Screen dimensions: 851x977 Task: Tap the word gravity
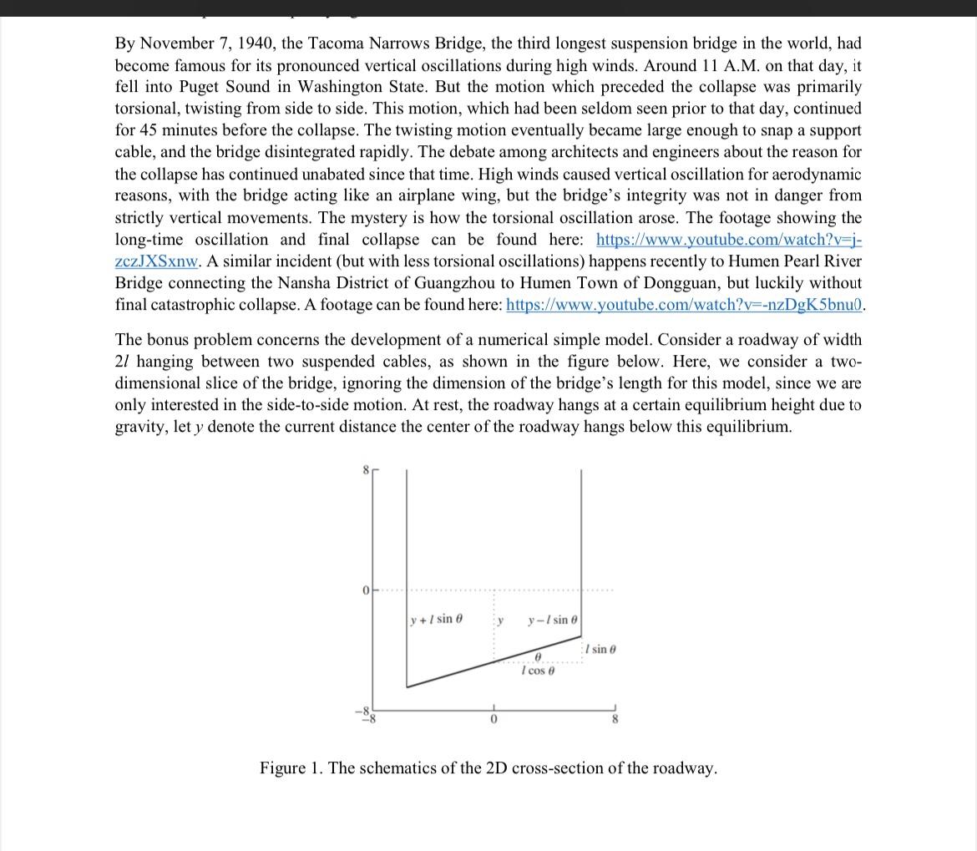click(x=140, y=427)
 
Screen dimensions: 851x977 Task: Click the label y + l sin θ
click(x=437, y=619)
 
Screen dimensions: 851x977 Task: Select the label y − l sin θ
click(x=552, y=620)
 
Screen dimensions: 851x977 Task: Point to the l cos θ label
click(x=537, y=671)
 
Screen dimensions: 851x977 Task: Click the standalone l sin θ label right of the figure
click(x=601, y=649)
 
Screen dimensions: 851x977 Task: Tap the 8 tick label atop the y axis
click(x=365, y=471)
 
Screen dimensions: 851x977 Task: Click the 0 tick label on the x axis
click(x=494, y=720)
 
